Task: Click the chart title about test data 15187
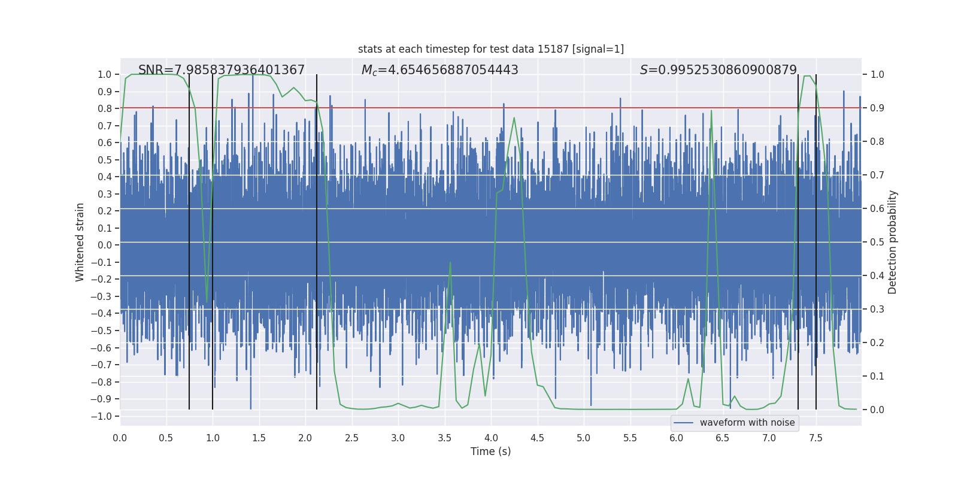[490, 49]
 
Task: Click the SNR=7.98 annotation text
[222, 70]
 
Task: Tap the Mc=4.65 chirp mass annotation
[439, 70]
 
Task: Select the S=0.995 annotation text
[718, 70]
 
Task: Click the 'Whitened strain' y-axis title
[80, 242]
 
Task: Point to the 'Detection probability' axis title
[892, 242]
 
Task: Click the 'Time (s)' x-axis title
[490, 451]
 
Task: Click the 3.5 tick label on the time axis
[444, 438]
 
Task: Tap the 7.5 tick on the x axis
[815, 438]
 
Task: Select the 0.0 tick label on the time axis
[120, 438]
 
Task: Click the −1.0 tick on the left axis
[104, 416]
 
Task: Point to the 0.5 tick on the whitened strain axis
[105, 160]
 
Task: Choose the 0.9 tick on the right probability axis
[877, 108]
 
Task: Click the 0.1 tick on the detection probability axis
[877, 377]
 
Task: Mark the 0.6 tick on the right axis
[877, 209]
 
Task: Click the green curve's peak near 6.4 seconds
[711, 111]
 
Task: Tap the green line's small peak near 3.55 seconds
[450, 262]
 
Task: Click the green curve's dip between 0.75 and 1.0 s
[207, 301]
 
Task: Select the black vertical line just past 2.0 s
[317, 239]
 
